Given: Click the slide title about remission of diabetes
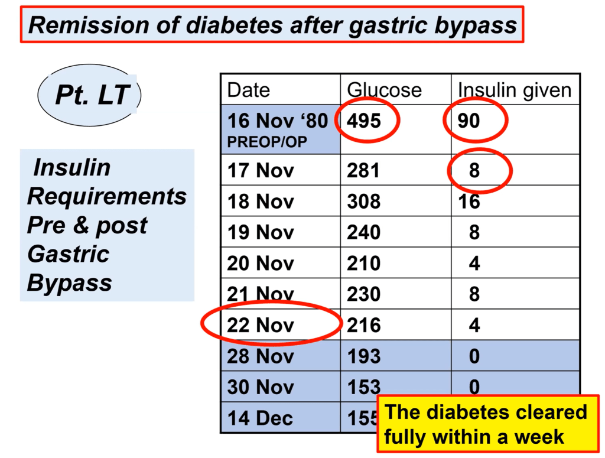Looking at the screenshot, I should (x=272, y=25).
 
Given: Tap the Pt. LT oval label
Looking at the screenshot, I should (x=92, y=95).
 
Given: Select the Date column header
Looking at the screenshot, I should (x=249, y=90).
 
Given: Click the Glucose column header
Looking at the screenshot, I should (x=384, y=90).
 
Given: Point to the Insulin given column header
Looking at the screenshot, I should (x=515, y=90).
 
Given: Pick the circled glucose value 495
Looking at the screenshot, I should (x=364, y=121).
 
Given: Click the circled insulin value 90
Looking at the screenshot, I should (x=469, y=121).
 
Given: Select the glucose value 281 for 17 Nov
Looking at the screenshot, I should (x=363, y=171).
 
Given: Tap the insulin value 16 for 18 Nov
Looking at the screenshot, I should (x=469, y=202).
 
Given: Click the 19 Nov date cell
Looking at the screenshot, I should (x=261, y=232).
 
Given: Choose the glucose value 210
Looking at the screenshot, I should (x=363, y=263).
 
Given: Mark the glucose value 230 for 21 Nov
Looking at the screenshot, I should (x=363, y=294).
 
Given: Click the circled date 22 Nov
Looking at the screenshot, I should (x=261, y=325).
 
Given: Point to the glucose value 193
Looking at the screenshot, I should (x=363, y=356).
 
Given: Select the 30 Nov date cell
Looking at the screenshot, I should (x=261, y=387).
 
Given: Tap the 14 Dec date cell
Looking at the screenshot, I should (x=261, y=418).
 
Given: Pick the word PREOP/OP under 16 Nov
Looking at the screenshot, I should (x=267, y=142).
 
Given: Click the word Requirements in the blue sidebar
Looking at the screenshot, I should (x=107, y=196).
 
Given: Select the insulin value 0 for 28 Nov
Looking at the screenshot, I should (x=474, y=356).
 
